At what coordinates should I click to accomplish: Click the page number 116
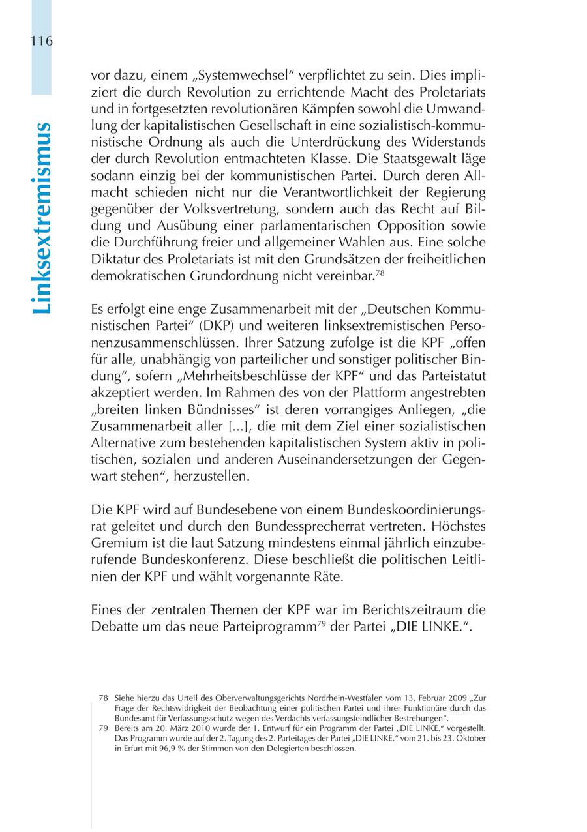(x=40, y=41)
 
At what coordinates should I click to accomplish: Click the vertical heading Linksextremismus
(x=41, y=218)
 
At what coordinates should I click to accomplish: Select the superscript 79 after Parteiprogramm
(x=321, y=625)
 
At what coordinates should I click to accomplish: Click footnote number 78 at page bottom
(x=102, y=698)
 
